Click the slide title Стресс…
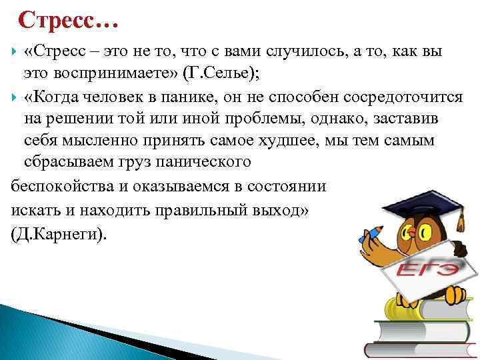point(69,21)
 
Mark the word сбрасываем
point(65,162)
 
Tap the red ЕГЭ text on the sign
point(427,269)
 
